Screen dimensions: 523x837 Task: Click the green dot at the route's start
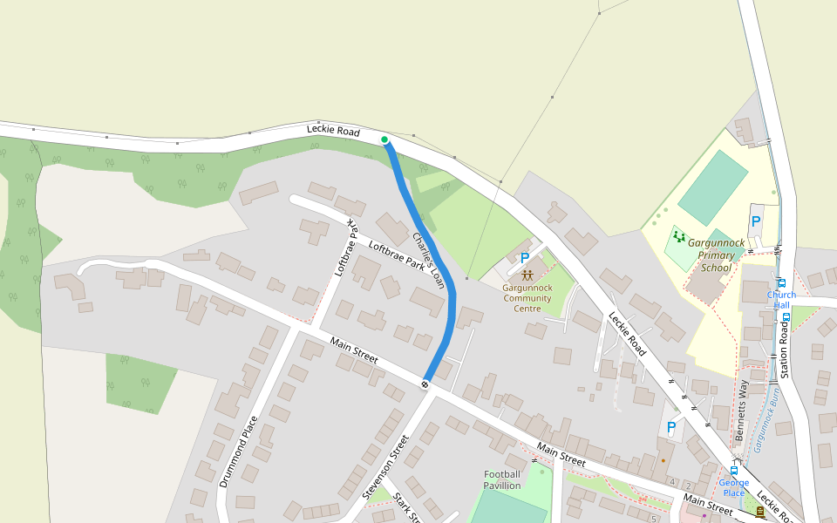pos(384,139)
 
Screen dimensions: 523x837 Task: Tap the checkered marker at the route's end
pos(425,384)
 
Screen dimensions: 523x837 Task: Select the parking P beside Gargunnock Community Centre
pos(524,258)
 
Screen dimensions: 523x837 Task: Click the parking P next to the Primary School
pos(756,222)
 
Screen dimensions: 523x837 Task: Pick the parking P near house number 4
pos(670,427)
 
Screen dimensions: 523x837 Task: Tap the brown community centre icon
pos(527,275)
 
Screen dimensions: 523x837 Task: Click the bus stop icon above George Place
pos(734,470)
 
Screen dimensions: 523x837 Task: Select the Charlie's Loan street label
pos(429,261)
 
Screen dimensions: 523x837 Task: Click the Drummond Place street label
pos(238,451)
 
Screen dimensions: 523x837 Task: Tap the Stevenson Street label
pos(384,468)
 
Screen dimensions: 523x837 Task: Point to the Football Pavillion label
pos(502,479)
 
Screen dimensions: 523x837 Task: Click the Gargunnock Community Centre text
pos(527,298)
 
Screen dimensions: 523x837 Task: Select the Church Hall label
pos(781,300)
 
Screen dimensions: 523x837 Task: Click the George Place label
pos(734,488)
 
